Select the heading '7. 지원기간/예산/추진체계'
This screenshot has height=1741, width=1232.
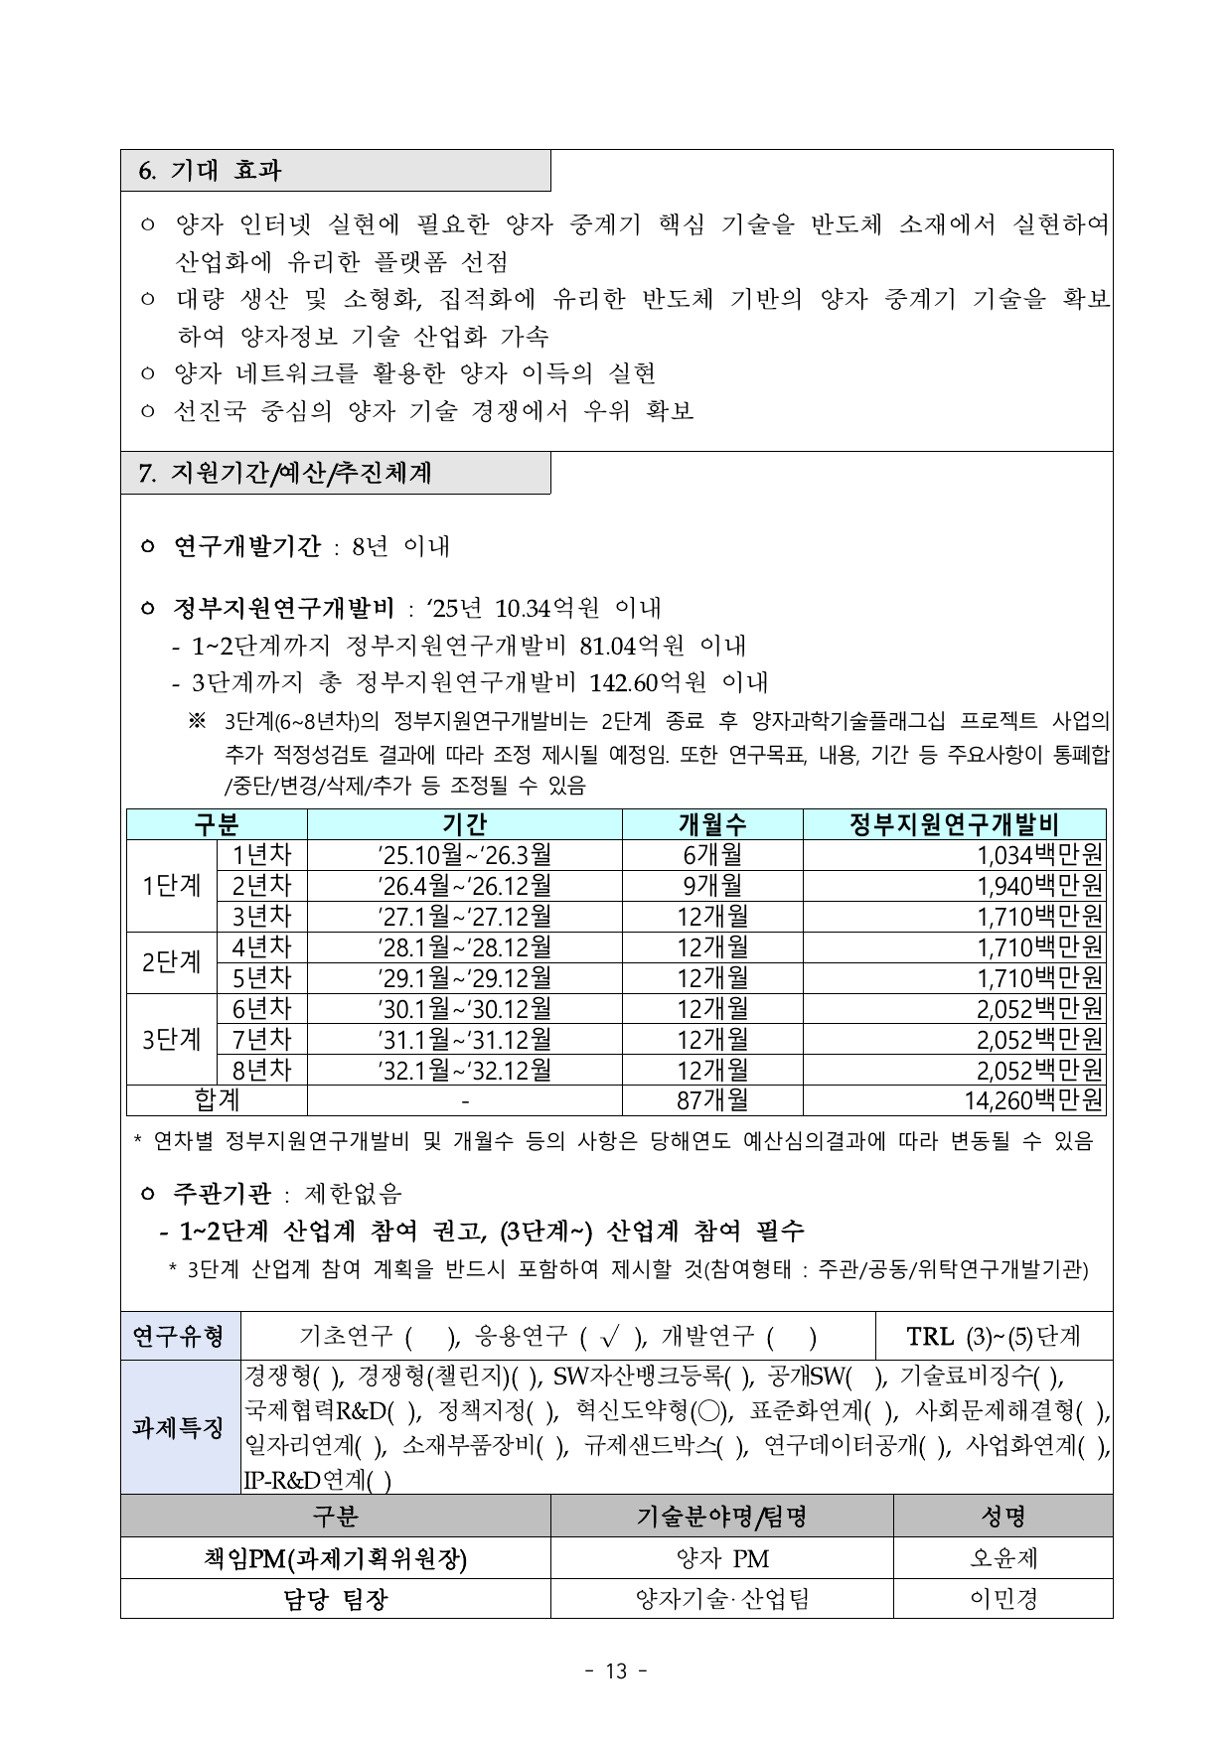point(287,473)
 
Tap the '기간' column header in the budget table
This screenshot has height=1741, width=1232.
point(464,824)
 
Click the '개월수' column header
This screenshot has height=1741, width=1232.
point(711,824)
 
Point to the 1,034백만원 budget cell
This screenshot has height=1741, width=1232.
point(1039,855)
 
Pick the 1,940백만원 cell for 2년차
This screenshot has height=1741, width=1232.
point(1039,886)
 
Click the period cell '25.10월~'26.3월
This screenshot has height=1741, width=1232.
point(464,855)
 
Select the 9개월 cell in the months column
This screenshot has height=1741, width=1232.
point(711,886)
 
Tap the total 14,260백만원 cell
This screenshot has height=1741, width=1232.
point(1033,1100)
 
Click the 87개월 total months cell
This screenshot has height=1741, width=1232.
point(711,1100)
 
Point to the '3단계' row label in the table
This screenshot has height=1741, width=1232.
point(171,1040)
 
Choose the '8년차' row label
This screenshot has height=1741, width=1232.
point(261,1071)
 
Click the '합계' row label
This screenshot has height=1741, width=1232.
point(217,1100)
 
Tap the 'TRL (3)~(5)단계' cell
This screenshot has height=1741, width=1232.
point(993,1337)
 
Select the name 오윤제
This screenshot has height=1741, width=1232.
point(1003,1558)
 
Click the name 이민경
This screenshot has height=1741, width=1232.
point(1003,1599)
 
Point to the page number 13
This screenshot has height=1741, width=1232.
point(616,1671)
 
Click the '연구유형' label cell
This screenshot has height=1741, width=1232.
point(179,1337)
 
